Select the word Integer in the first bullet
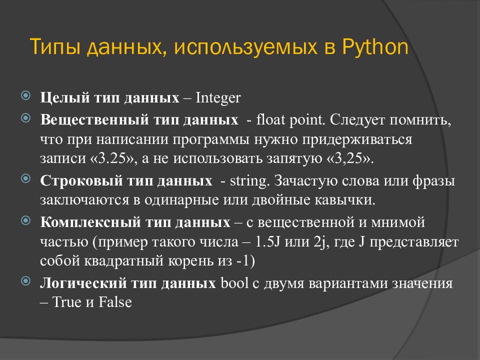coord(218,97)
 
